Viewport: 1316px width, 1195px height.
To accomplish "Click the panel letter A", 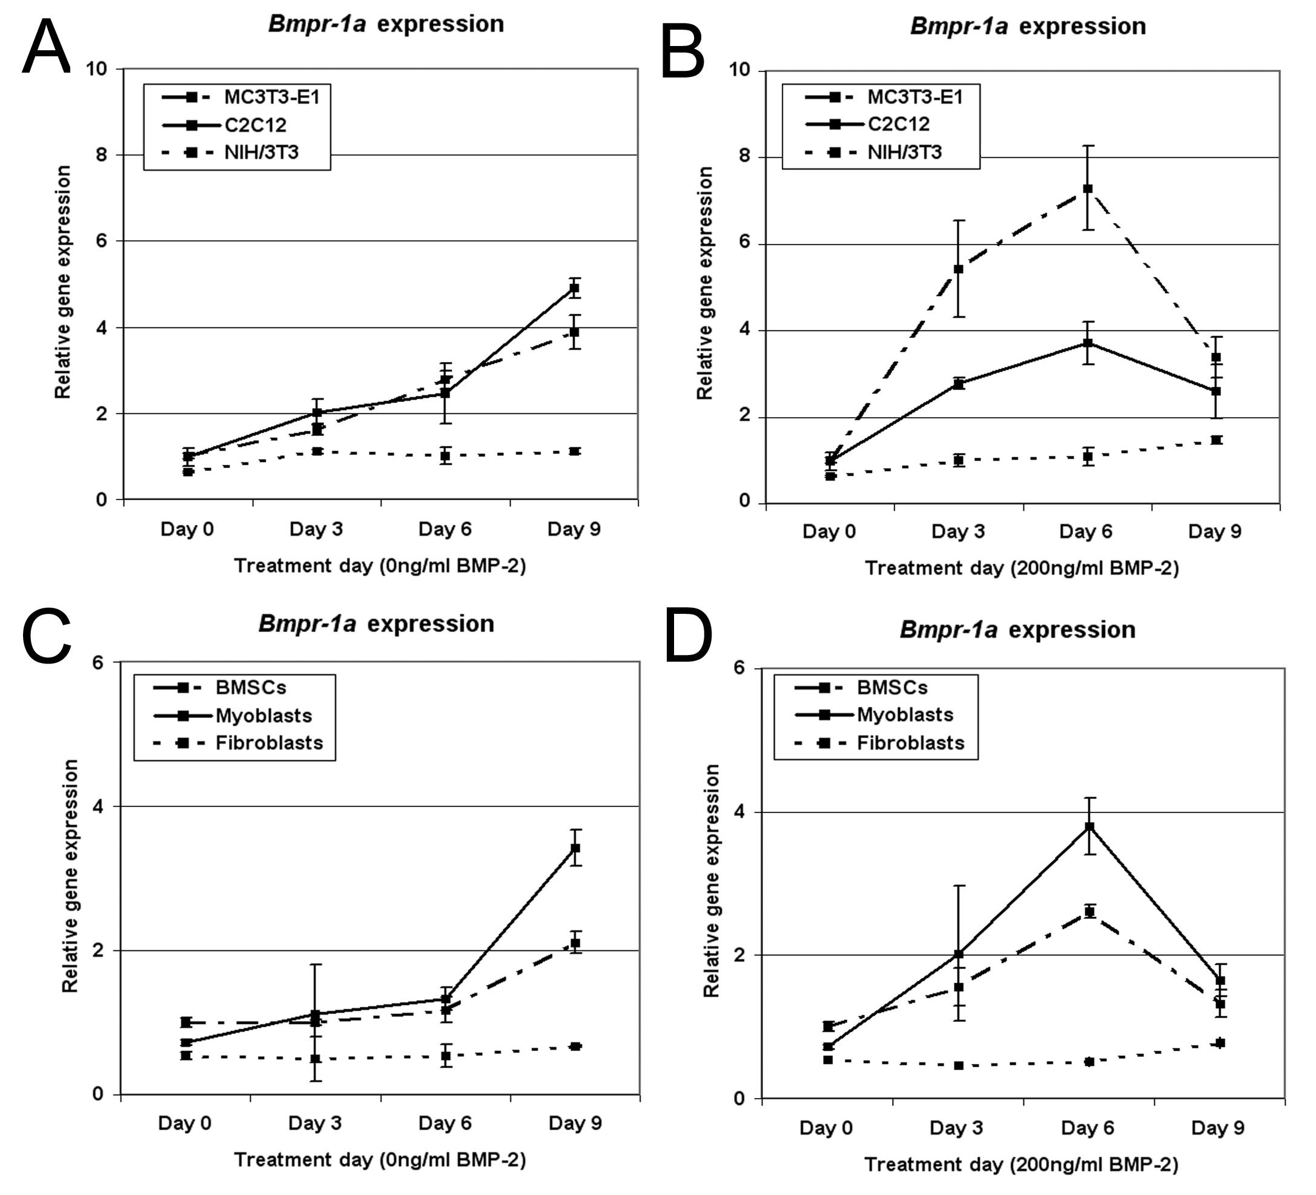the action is click(x=45, y=47).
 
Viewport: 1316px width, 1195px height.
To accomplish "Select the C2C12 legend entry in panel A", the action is click(x=225, y=125).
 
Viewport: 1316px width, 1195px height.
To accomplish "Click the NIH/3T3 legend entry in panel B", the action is click(x=873, y=152).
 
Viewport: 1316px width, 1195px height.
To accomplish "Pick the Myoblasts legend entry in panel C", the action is click(x=233, y=716).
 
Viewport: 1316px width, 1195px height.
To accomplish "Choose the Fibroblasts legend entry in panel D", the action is click(x=879, y=743).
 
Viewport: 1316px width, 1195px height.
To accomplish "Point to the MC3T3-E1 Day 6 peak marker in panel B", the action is click(x=1088, y=189).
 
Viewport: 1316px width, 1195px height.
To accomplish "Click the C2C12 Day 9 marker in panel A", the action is click(x=575, y=288).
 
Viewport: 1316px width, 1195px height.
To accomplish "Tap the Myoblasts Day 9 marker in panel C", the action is click(x=575, y=848).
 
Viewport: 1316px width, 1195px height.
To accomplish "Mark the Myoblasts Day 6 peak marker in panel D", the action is click(x=1090, y=826).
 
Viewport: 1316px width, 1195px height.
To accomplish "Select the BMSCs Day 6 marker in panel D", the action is click(x=1090, y=912).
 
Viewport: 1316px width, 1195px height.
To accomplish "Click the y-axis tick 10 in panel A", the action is click(x=97, y=68).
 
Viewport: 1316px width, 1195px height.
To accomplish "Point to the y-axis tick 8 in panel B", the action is click(x=744, y=157).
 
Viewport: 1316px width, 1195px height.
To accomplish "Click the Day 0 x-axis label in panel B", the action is click(x=829, y=532).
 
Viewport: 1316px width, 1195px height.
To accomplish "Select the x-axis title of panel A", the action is click(x=380, y=566).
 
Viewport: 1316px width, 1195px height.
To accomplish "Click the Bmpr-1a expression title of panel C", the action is click(x=376, y=624).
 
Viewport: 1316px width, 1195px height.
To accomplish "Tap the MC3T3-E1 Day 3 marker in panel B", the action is click(x=958, y=269).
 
